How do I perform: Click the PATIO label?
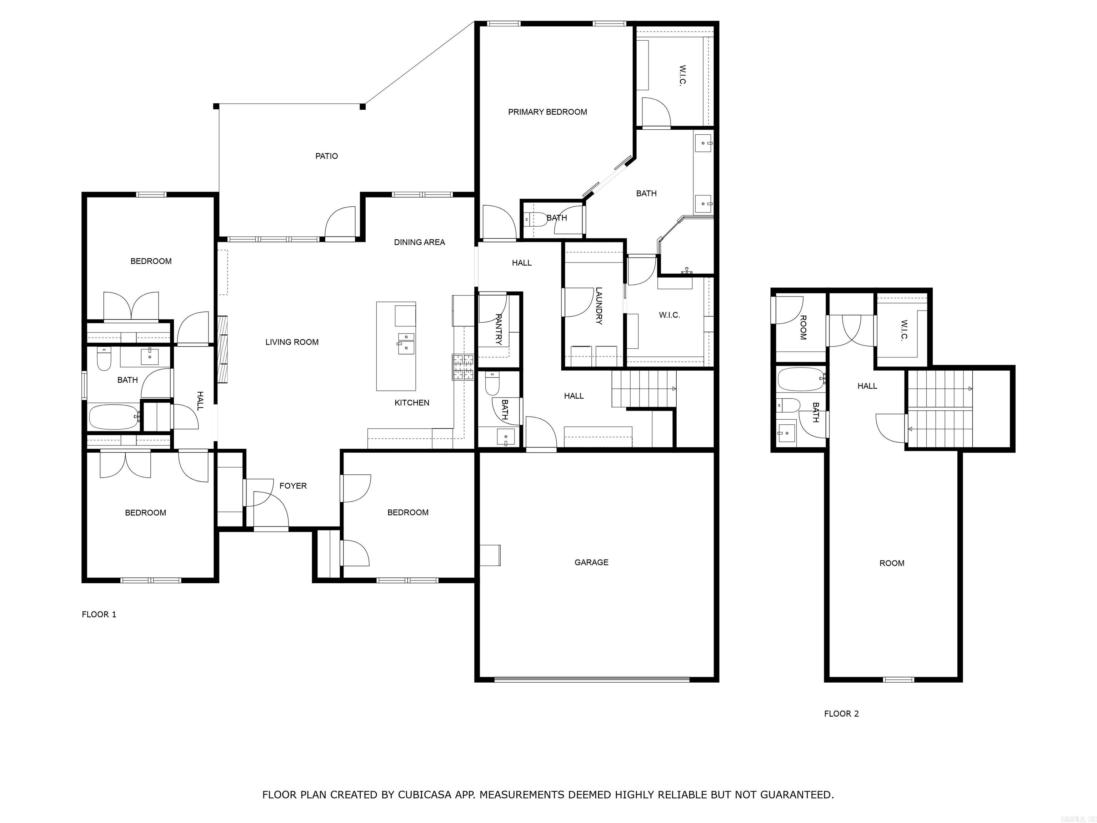326,156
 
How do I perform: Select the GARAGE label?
591,562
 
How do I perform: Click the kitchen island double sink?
406,343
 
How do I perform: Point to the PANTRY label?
499,329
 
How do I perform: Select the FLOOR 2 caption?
841,713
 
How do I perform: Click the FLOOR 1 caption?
99,614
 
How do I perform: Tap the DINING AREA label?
419,242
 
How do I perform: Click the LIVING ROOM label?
292,342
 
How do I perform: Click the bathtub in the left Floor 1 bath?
114,417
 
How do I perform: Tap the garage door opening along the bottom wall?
591,679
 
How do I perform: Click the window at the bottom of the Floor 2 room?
898,679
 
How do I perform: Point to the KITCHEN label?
412,402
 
